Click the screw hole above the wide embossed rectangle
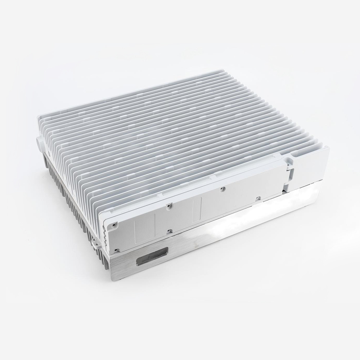[168, 206]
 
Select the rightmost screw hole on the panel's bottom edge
[258, 198]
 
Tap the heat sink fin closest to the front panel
[187, 187]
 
